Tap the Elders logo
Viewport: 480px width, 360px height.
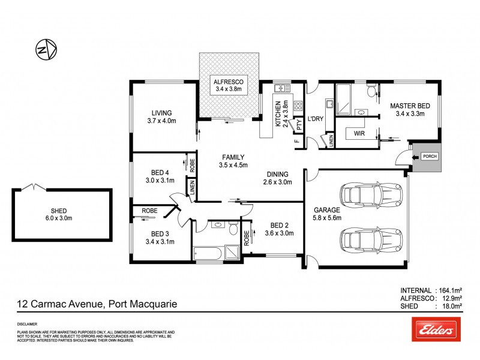436,329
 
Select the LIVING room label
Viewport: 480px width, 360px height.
161,112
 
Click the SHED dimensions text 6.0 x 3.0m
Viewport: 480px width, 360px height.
61,218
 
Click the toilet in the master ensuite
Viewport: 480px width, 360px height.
372,90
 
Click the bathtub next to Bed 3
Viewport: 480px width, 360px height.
208,253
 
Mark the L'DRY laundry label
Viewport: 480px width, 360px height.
315,119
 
